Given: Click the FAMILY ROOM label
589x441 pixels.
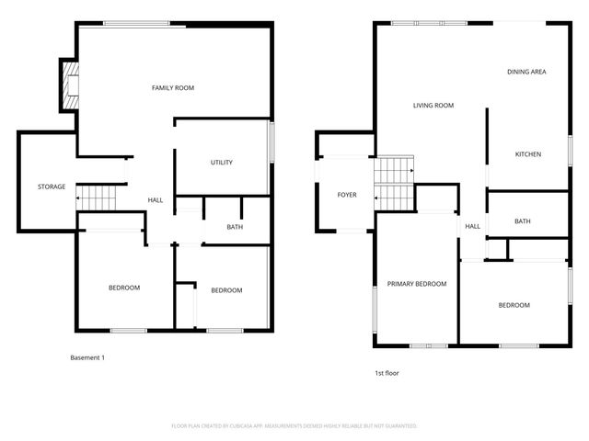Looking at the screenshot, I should pos(172,88).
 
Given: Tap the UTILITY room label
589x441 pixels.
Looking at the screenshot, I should pos(222,163).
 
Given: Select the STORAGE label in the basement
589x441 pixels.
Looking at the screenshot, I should pos(52,187).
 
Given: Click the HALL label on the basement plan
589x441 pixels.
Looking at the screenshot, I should pos(156,199).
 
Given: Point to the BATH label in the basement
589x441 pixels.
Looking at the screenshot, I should pos(235,226).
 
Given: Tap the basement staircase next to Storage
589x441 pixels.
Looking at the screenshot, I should pos(98,196).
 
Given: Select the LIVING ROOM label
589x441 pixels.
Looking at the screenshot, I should pos(433,106).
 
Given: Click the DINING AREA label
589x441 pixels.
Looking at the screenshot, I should pos(527,72).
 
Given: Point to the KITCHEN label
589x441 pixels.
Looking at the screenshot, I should pos(527,154).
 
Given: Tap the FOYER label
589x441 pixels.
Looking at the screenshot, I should pos(347,195).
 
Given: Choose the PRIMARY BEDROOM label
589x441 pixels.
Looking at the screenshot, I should pos(416,284).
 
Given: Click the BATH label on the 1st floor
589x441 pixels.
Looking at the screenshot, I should pos(523,221).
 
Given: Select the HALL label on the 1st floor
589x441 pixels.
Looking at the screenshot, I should pos(472,226).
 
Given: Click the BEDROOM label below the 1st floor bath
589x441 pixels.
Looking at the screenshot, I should pos(514,305).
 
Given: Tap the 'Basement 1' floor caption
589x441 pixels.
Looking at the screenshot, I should pos(87,357).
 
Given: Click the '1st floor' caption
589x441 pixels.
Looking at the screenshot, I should pos(387,373).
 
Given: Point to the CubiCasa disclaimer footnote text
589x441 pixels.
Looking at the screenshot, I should pos(294,426).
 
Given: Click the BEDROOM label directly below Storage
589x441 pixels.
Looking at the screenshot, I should pos(124,288).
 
